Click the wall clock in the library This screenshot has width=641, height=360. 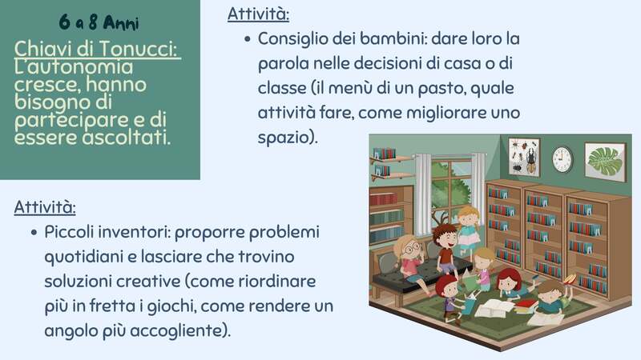562,158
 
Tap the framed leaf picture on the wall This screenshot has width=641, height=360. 604,162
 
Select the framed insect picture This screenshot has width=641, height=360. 524,157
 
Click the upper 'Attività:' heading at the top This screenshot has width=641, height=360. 259,14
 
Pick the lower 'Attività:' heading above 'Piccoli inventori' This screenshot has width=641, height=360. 45,207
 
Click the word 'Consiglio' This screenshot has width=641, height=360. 296,38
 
